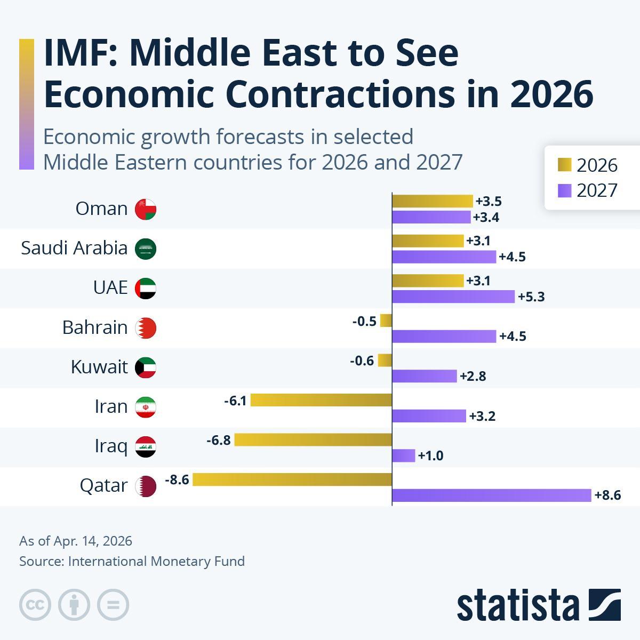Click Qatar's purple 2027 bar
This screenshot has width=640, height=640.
click(491, 495)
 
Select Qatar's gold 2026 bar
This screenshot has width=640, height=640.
click(292, 479)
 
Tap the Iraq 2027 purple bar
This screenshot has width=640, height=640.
click(403, 455)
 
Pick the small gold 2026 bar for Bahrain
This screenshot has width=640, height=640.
click(386, 321)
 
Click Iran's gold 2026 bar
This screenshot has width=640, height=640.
click(321, 399)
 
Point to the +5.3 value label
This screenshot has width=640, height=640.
click(531, 297)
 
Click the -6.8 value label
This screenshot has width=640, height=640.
click(219, 440)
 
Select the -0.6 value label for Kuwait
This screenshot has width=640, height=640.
click(362, 361)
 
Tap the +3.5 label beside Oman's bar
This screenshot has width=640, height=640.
click(489, 202)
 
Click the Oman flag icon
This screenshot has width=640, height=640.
click(146, 209)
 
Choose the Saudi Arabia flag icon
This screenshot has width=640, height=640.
click(146, 249)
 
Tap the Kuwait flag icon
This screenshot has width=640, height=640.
click(146, 367)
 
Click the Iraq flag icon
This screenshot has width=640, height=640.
click(146, 446)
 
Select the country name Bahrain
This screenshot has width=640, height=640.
click(95, 327)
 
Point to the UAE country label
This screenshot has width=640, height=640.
click(110, 287)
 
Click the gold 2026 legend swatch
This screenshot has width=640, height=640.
click(564, 165)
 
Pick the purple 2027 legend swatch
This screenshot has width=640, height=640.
click(564, 190)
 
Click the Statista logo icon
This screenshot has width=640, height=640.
click(605, 605)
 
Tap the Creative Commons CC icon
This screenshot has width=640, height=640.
click(35, 605)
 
